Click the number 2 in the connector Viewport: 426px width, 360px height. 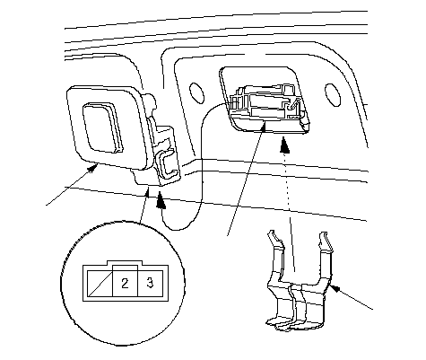click(x=125, y=283)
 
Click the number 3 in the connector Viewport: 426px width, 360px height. click(x=150, y=282)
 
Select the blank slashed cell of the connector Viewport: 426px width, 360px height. click(x=100, y=283)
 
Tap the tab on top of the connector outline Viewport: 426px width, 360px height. click(x=125, y=263)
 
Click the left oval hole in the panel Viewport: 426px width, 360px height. click(x=196, y=93)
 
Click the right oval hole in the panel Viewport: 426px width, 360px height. click(x=333, y=94)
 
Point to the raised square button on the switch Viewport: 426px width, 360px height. click(x=102, y=127)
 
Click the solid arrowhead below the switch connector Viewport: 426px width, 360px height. click(x=161, y=200)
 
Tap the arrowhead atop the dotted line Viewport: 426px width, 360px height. click(x=285, y=145)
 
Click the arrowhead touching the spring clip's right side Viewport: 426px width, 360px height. click(x=335, y=288)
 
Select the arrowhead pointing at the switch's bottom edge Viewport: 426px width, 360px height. click(x=91, y=168)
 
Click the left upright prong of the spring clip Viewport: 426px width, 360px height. click(x=275, y=254)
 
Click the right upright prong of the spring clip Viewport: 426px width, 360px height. click(x=325, y=254)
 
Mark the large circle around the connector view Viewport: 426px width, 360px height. click(x=123, y=284)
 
